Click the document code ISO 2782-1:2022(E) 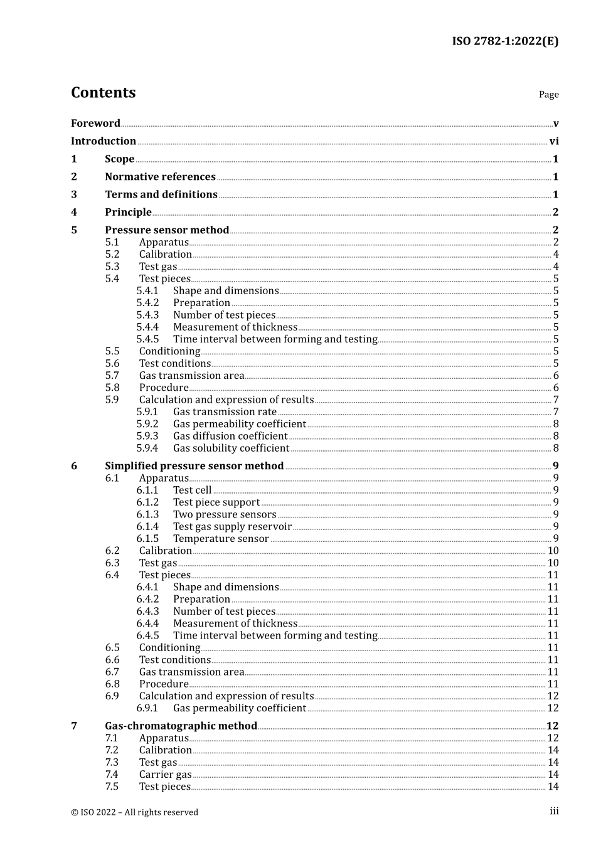(x=505, y=41)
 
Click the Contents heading (x=103, y=93)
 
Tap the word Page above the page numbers (x=548, y=95)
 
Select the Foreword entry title (x=95, y=124)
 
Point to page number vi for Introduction (x=554, y=142)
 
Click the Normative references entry (x=160, y=177)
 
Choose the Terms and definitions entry (x=161, y=194)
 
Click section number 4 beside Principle (x=74, y=213)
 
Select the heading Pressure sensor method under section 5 (x=167, y=230)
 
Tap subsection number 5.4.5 (x=147, y=339)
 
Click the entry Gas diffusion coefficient (x=230, y=436)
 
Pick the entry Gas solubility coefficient (x=231, y=448)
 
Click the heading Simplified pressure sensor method (x=194, y=466)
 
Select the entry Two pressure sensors (x=225, y=514)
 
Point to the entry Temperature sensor (x=221, y=539)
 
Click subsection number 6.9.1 (x=147, y=708)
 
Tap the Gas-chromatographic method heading (x=181, y=726)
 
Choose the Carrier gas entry (x=165, y=775)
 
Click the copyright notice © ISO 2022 (x=134, y=812)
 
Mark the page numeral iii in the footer (x=554, y=811)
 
